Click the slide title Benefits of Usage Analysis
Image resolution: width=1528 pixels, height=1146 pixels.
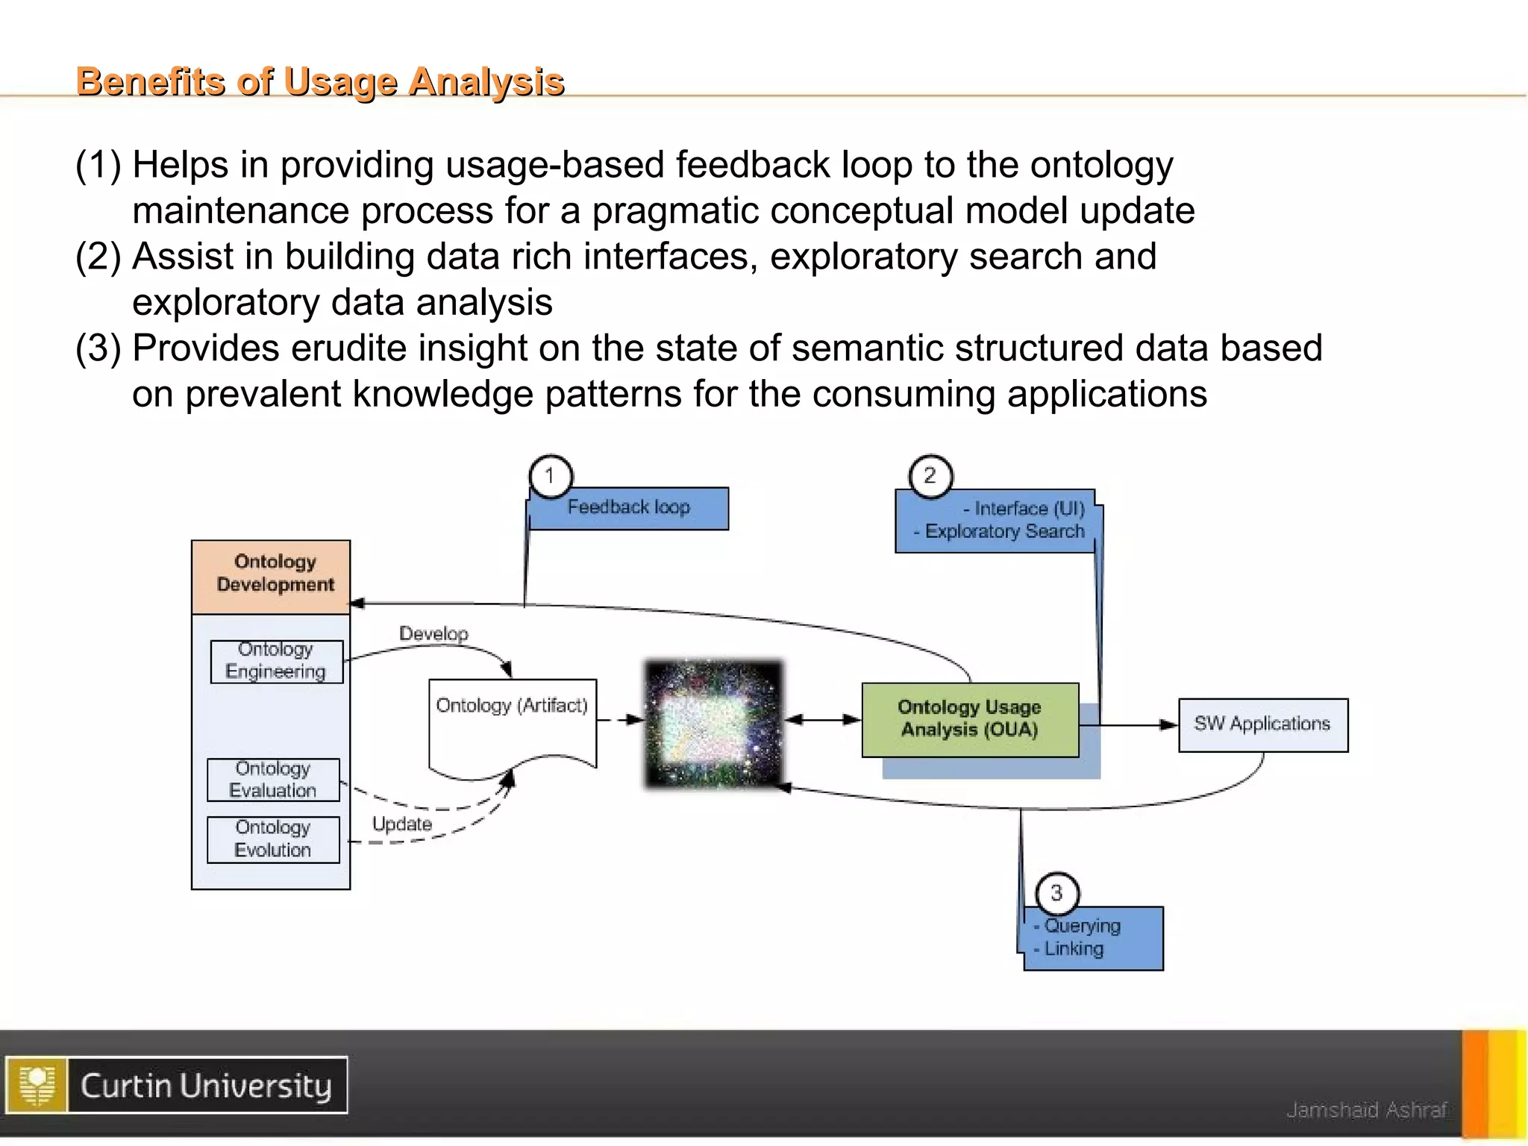point(320,81)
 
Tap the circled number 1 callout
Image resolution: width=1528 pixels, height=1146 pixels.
point(551,476)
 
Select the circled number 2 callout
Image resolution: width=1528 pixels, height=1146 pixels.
point(930,476)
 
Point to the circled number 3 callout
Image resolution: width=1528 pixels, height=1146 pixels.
point(1056,892)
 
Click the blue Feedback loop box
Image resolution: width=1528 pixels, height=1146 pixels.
point(629,508)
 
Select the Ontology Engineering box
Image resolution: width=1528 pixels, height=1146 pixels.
point(276,661)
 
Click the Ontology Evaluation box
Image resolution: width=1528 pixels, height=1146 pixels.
point(273,780)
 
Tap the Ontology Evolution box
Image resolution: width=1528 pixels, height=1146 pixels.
point(273,839)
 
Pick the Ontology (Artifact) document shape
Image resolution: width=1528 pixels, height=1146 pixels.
point(512,724)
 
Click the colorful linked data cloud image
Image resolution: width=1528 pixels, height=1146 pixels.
point(714,723)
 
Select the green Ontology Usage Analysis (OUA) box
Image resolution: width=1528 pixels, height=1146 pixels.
point(970,719)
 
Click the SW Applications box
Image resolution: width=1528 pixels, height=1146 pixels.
point(1262,724)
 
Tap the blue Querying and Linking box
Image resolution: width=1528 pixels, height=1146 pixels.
point(1093,939)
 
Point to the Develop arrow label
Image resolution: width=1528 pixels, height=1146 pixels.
point(433,634)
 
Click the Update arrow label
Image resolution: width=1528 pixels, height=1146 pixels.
point(402,824)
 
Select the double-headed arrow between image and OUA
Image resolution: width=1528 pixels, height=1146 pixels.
point(823,719)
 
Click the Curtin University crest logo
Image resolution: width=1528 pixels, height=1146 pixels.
point(37,1086)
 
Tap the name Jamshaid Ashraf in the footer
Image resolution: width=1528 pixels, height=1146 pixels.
point(1367,1110)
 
